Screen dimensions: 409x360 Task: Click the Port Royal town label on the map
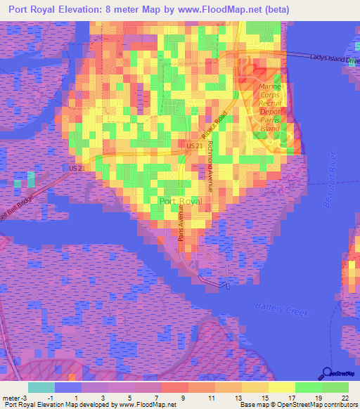tap(181, 201)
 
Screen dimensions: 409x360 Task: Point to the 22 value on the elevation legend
tap(344, 398)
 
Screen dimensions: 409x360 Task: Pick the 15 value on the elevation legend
tap(264, 398)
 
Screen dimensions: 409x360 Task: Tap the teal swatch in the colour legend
tap(41, 387)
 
